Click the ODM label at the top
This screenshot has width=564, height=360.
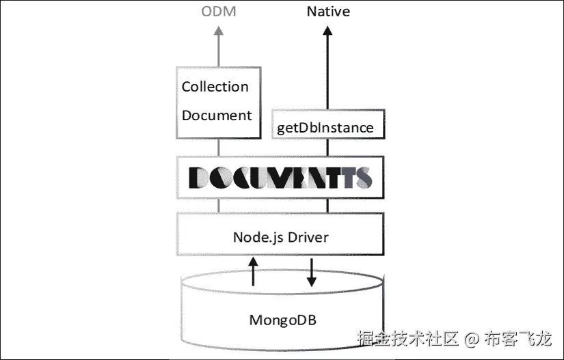pyautogui.click(x=218, y=12)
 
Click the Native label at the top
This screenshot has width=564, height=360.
pyautogui.click(x=327, y=12)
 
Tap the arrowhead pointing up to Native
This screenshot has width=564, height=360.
pyautogui.click(x=327, y=31)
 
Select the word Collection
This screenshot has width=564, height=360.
pyautogui.click(x=215, y=87)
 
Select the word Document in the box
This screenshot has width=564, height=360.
pyautogui.click(x=217, y=115)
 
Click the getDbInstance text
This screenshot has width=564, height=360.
pyautogui.click(x=325, y=128)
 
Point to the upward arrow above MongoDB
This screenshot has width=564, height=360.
pyautogui.click(x=253, y=271)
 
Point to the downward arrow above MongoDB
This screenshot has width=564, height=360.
pyautogui.click(x=311, y=272)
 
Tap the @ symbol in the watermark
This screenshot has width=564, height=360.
pyautogui.click(x=472, y=338)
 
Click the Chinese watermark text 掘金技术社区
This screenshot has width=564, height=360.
pyautogui.click(x=408, y=338)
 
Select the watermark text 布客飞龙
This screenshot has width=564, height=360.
pyautogui.click(x=518, y=338)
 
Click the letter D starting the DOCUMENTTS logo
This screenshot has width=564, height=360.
pyautogui.click(x=199, y=178)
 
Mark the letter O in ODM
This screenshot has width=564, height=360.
pyautogui.click(x=206, y=12)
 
